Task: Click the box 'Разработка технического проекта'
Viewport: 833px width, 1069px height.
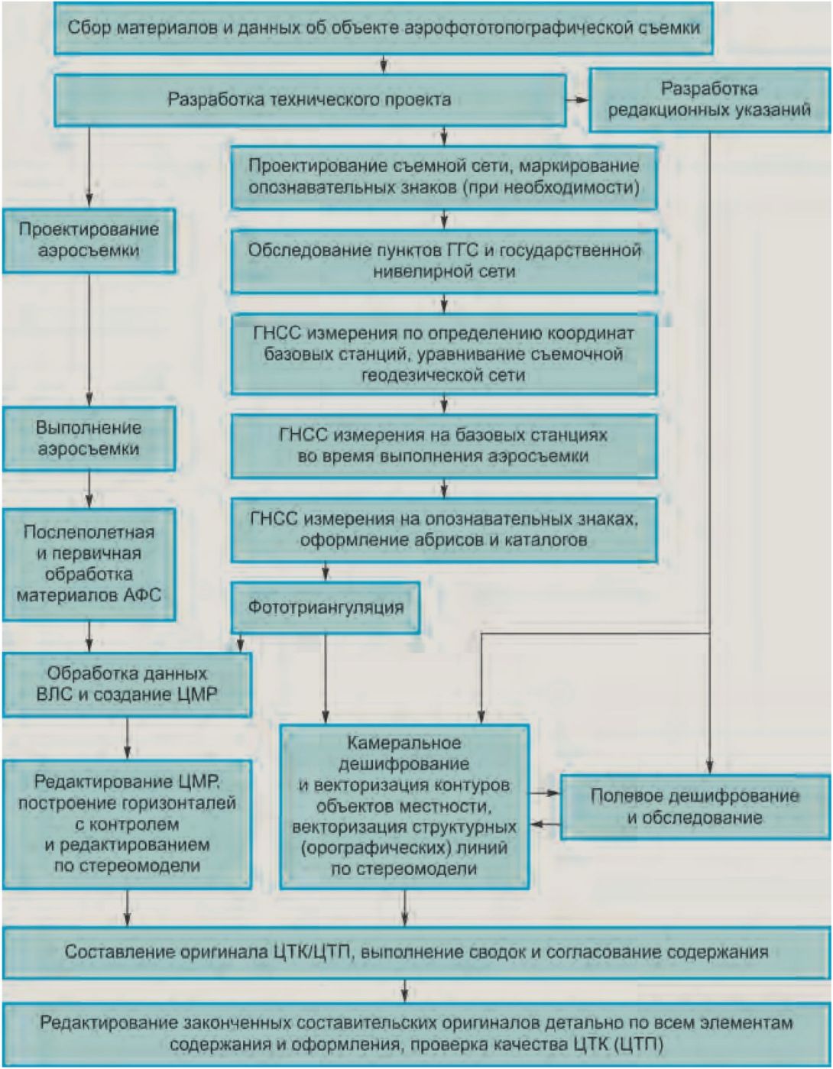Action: coord(310,100)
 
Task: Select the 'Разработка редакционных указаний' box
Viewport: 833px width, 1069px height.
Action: coord(709,99)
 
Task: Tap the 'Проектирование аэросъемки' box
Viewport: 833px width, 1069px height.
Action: coord(89,240)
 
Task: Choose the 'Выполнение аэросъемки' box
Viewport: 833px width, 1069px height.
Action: coord(89,438)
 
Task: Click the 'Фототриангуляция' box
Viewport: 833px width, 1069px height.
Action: coord(326,607)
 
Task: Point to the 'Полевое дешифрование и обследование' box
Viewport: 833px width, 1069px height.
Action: coord(695,807)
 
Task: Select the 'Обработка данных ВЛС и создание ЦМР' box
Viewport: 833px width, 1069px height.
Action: coord(127,684)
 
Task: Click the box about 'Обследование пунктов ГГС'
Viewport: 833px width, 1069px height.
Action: coord(443,261)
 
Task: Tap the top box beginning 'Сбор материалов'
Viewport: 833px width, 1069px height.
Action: coord(384,28)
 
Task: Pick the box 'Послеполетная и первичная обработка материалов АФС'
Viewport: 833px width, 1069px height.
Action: coord(89,563)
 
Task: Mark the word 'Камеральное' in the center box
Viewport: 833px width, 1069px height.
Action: coord(404,743)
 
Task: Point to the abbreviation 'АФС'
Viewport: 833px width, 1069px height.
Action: coord(143,595)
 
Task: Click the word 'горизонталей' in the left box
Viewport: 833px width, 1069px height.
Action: coord(179,803)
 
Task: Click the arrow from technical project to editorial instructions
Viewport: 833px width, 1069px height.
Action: coord(578,100)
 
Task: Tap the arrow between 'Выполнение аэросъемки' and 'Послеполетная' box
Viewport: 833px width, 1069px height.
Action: coord(89,490)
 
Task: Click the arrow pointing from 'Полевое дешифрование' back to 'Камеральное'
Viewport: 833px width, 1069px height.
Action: coord(544,824)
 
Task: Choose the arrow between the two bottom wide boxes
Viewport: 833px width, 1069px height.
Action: coord(404,992)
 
